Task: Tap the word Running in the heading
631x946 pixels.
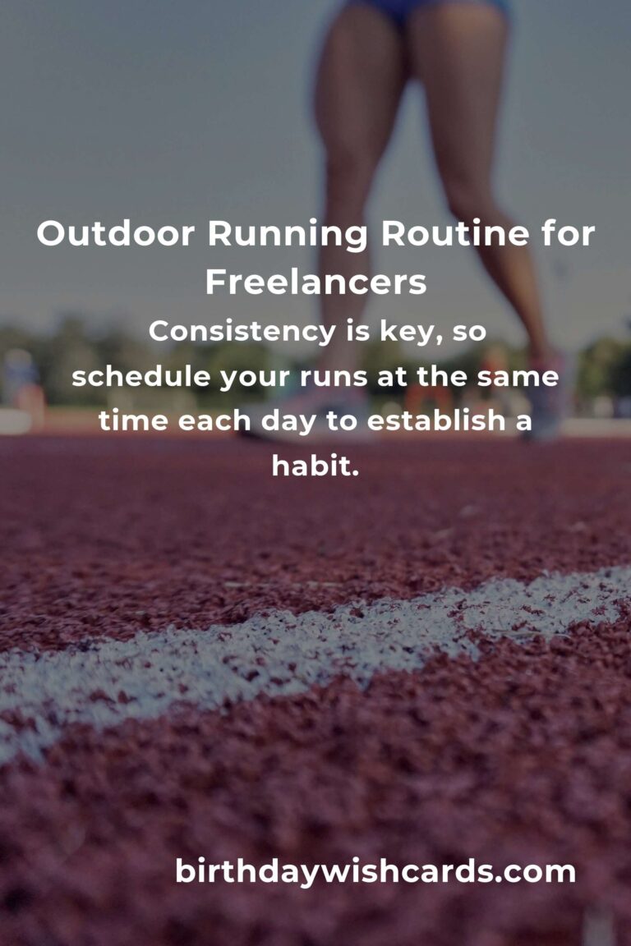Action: coord(287,235)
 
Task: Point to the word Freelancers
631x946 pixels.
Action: coord(315,282)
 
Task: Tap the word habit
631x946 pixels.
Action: coord(315,467)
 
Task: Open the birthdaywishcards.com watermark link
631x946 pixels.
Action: coord(375,871)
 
